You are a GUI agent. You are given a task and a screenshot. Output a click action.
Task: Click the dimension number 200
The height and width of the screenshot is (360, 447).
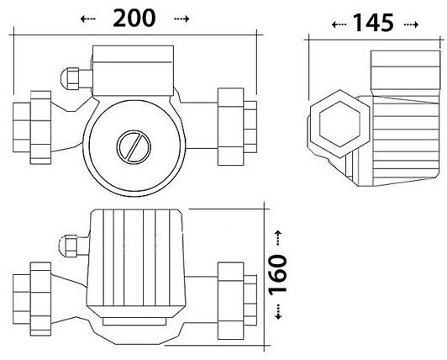click(134, 19)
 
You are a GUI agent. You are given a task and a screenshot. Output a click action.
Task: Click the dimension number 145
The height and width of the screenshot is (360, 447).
click(373, 23)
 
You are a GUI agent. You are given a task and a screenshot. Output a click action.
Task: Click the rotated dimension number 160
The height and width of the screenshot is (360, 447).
click(277, 275)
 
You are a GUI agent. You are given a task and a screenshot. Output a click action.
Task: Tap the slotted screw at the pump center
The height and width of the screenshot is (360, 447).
click(134, 146)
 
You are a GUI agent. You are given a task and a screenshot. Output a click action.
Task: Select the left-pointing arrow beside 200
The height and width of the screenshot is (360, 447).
click(87, 19)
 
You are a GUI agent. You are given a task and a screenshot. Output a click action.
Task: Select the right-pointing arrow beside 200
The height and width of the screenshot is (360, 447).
click(181, 19)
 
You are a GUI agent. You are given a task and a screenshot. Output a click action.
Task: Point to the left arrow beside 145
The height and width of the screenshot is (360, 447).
click(339, 25)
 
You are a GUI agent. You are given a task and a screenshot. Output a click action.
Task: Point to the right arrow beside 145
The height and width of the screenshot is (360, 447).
click(411, 25)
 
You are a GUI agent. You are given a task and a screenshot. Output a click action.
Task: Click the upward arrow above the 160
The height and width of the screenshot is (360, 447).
click(278, 238)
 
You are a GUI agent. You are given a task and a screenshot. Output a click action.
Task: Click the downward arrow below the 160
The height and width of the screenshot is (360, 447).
click(278, 311)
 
